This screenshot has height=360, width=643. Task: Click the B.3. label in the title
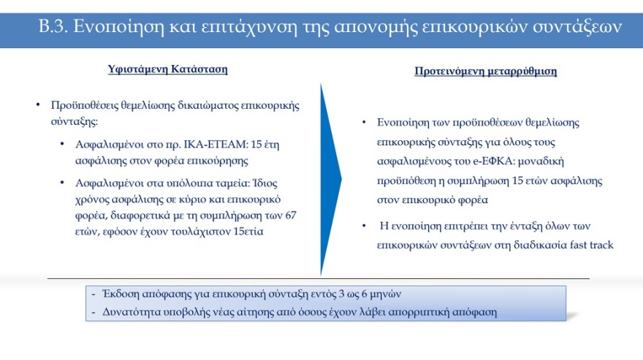pos(51,27)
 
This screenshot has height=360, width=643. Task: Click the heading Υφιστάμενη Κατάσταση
pos(167,70)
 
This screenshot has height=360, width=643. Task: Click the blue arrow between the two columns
pos(330,179)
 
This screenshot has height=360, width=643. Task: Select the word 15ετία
pos(247,232)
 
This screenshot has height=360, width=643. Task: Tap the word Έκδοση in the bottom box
pos(117,294)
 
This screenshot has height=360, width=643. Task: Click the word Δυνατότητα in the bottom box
pos(129,312)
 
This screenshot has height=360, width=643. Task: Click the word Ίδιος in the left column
pos(267,182)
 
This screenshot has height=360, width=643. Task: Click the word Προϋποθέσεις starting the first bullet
pos(82,105)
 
